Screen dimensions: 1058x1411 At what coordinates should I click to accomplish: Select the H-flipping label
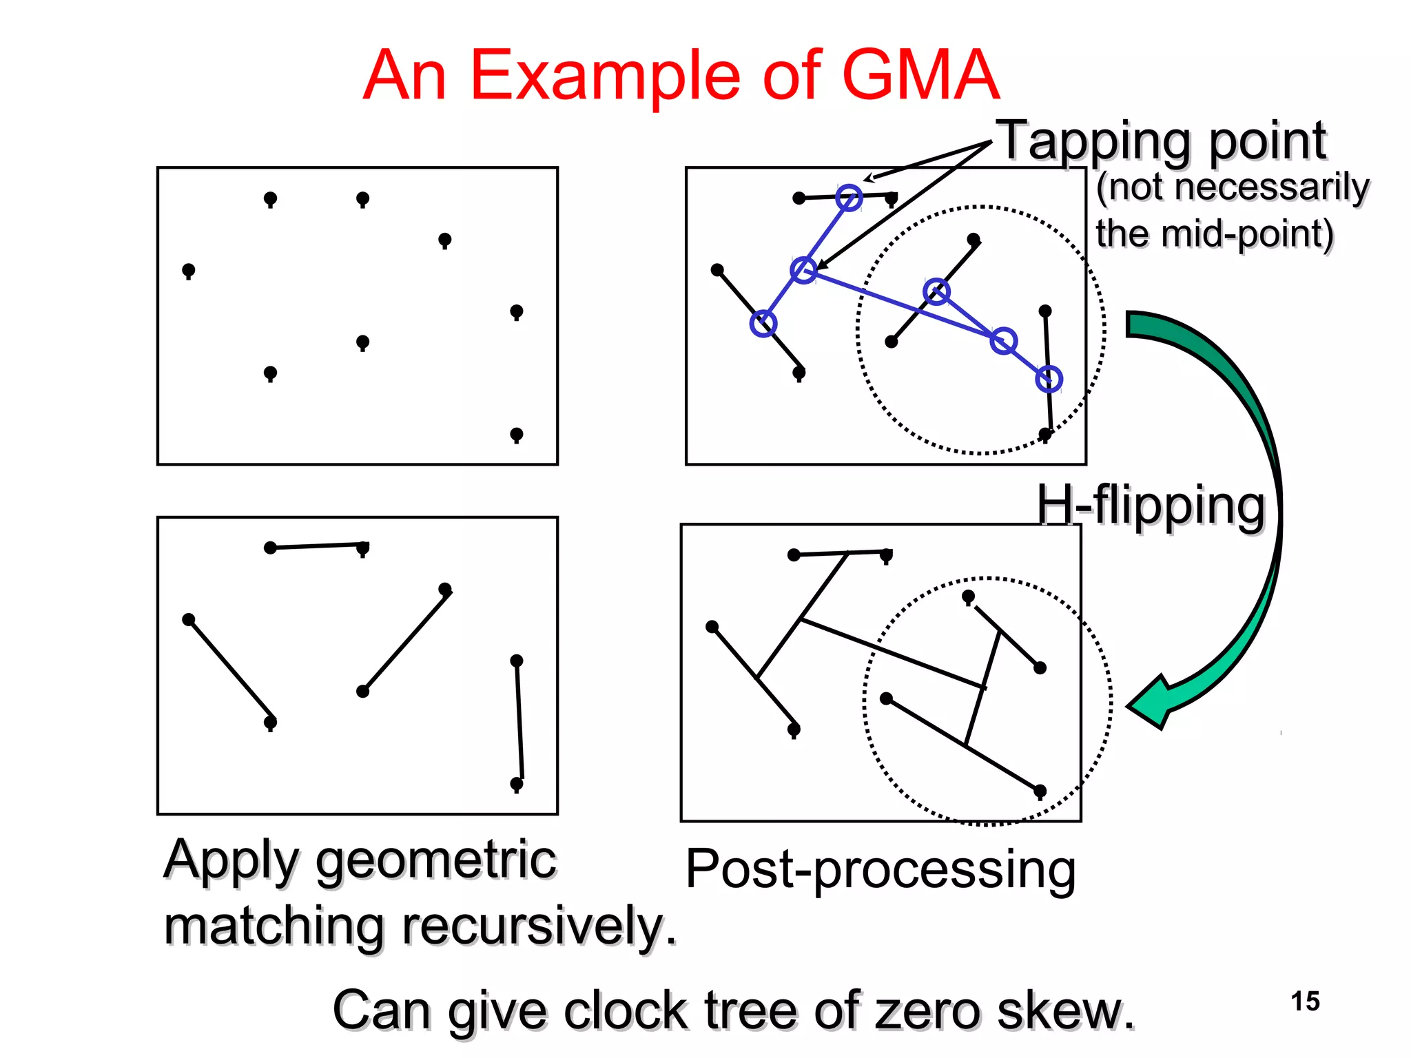pyautogui.click(x=1151, y=506)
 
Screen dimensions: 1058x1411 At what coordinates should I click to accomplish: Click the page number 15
pyautogui.click(x=1305, y=1001)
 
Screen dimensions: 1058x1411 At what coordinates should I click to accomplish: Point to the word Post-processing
pyautogui.click(x=880, y=869)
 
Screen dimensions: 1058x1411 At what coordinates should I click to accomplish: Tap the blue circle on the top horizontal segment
pyautogui.click(x=849, y=198)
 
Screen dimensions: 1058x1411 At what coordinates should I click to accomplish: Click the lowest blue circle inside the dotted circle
pyautogui.click(x=1049, y=378)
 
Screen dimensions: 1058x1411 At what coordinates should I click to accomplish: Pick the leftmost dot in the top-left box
pyautogui.click(x=188, y=270)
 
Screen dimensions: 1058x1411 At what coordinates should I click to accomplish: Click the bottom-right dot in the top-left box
pyautogui.click(x=516, y=435)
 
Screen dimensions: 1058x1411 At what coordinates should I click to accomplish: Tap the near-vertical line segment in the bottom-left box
pyautogui.click(x=519, y=720)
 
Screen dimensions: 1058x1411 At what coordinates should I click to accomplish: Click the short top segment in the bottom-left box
pyautogui.click(x=317, y=546)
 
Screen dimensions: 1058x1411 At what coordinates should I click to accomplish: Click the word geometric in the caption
pyautogui.click(x=435, y=860)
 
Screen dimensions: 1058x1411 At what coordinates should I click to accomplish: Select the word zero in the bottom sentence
pyautogui.click(x=928, y=1010)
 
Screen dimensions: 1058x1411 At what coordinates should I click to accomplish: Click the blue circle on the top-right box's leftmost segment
pyautogui.click(x=763, y=323)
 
